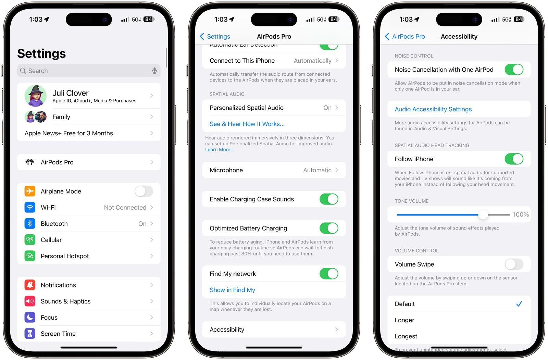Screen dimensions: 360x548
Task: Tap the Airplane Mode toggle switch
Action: coord(144,191)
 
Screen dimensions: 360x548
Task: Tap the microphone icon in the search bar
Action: coord(154,71)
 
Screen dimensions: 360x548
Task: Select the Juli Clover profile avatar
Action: coord(36,96)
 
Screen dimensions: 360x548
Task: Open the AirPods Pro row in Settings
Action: coord(89,162)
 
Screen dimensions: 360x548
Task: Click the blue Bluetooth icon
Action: coord(30,224)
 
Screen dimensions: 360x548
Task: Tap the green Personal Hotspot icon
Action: coord(30,256)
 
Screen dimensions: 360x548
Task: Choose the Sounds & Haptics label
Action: coord(66,301)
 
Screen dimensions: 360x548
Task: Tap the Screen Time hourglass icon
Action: coord(30,334)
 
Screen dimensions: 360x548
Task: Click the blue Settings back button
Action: coord(215,36)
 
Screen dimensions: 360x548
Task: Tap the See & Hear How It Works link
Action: coord(247,124)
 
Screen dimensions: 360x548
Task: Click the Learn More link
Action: coord(220,150)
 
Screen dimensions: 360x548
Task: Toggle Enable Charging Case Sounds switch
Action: coord(329,199)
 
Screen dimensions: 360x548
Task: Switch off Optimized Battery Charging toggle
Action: coord(329,228)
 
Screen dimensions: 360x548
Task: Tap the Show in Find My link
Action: coord(232,290)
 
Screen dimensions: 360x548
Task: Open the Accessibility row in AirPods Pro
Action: coord(274,330)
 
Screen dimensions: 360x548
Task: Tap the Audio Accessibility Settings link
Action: coord(433,109)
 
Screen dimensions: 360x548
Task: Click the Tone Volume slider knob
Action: coord(483,214)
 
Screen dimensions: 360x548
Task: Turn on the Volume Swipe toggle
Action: coord(514,264)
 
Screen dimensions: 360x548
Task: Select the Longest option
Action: coord(406,336)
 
